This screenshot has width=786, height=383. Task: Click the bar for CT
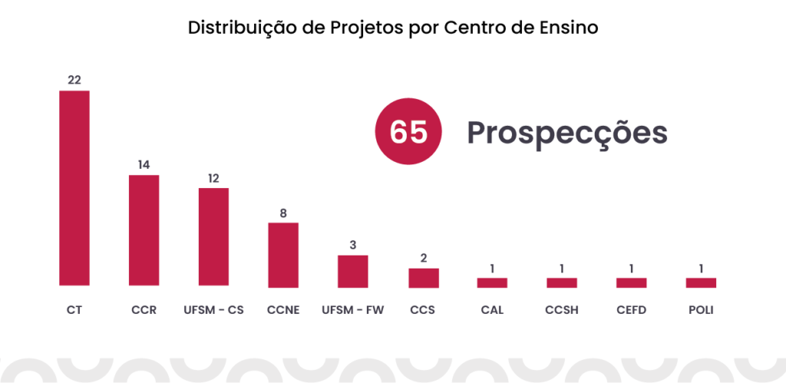tap(74, 189)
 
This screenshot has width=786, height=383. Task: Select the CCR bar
tap(144, 231)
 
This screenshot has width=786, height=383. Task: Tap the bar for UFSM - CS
tap(213, 237)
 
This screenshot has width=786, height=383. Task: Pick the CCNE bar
tap(283, 255)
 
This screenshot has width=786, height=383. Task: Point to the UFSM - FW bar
tap(353, 271)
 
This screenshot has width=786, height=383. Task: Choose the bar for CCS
tap(423, 278)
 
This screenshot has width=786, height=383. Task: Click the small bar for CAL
tap(492, 282)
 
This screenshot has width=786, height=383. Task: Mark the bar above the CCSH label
tap(562, 282)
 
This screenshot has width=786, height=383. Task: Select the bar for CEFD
tap(632, 282)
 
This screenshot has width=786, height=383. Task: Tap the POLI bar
tap(701, 282)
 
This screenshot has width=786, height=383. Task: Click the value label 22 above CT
tap(74, 81)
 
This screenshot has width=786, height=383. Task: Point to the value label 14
tap(144, 165)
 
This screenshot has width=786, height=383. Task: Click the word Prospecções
tap(567, 133)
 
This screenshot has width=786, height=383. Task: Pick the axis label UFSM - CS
tap(213, 311)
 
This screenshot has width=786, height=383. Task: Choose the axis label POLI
tap(701, 311)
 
